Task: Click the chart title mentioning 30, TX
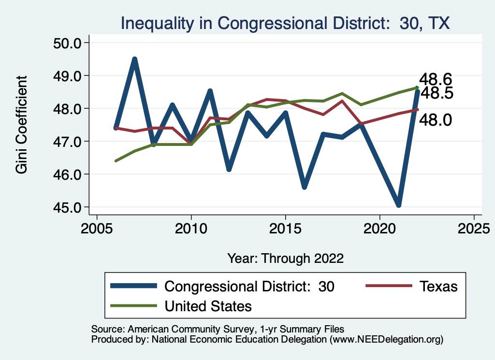tap(285, 23)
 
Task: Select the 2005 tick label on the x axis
tap(97, 228)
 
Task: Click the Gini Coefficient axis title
tap(21, 125)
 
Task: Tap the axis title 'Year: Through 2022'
tap(285, 258)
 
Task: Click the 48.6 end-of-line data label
tap(435, 79)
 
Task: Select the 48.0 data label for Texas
tap(435, 119)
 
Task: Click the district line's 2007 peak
tap(135, 59)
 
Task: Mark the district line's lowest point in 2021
tap(399, 205)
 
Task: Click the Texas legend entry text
tap(438, 287)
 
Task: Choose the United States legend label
tap(208, 306)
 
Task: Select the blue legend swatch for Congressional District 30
tap(134, 287)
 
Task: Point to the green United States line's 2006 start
tap(116, 161)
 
